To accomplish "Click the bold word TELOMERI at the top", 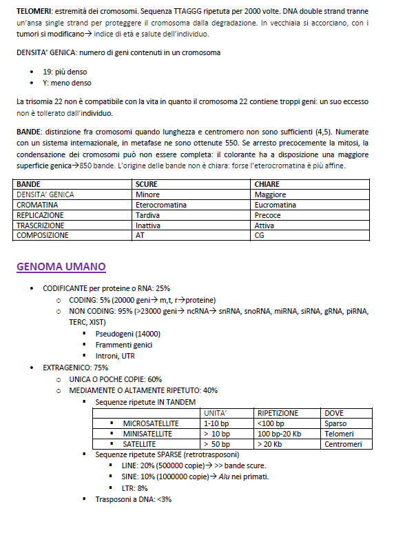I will (34, 12).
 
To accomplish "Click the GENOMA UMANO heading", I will (61, 266).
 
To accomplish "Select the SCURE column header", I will (147, 185).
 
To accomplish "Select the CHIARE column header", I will (267, 185).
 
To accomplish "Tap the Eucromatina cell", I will (275, 205).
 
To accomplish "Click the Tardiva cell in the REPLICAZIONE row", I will (147, 215).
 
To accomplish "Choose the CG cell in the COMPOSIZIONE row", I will (260, 235).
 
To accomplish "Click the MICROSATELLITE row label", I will (151, 423).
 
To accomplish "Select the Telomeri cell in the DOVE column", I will (339, 434).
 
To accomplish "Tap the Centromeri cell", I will (342, 444).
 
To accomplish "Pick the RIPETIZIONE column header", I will (278, 412).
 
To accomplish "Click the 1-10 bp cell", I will (216, 423).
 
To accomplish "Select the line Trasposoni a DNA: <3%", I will (133, 499).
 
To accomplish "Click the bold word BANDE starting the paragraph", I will (29, 131).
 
